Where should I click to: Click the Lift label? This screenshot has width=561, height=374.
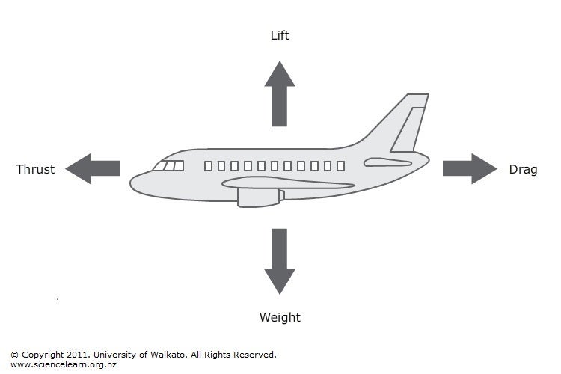coord(280,35)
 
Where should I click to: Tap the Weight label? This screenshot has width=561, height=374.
coord(280,317)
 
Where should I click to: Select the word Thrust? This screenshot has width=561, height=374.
coord(35,169)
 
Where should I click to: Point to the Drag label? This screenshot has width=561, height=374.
coord(523,169)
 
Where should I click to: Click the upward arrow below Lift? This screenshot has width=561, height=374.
coord(280,93)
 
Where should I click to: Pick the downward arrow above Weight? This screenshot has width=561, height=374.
coord(280,262)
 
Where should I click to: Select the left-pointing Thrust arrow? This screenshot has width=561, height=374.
coord(92,168)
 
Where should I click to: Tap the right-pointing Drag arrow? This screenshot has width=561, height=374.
coord(470,168)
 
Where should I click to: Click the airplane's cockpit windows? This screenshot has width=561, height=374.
coord(168,166)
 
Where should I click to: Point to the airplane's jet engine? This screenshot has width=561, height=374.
coord(260,198)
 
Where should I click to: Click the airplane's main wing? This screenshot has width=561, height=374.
coord(288,183)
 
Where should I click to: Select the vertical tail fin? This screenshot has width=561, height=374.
coord(409,123)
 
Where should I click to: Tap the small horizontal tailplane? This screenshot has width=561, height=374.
coord(387,162)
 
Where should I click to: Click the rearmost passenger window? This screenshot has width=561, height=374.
coord(340,166)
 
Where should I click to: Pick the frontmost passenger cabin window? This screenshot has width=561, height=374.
coord(208,166)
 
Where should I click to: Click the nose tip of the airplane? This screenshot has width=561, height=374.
coord(130,183)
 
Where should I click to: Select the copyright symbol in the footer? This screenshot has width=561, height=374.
coord(14,355)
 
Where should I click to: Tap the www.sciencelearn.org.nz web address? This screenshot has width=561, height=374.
coord(64,365)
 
